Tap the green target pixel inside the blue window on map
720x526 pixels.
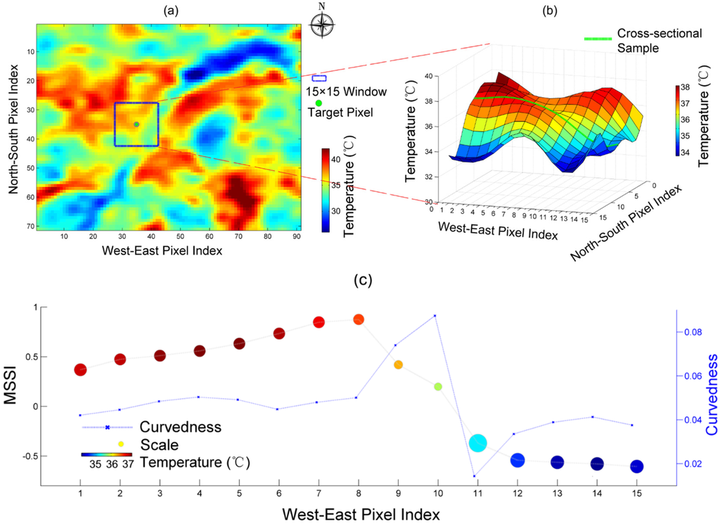(136, 124)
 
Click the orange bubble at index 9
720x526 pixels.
(398, 365)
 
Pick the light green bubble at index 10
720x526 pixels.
(438, 387)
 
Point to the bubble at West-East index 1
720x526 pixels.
(80, 370)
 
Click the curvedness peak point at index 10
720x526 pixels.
(435, 316)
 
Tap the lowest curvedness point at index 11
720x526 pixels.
(475, 476)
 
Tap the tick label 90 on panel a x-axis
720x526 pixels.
(295, 237)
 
